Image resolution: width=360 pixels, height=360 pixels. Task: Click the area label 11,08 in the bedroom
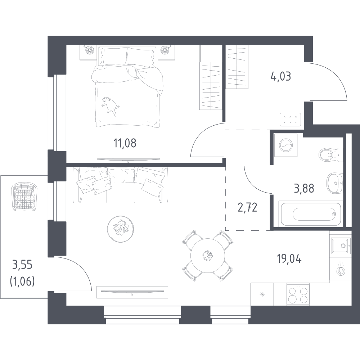click(x=125, y=143)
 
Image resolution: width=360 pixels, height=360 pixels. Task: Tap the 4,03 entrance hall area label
click(x=281, y=76)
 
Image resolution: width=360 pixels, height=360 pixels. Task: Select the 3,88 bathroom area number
click(x=304, y=189)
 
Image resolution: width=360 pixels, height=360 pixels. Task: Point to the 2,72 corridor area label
click(x=248, y=207)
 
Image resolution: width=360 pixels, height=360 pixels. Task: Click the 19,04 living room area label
click(x=289, y=259)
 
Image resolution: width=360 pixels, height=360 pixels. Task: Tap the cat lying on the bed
click(x=111, y=105)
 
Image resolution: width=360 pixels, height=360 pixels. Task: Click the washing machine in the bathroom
click(x=286, y=145)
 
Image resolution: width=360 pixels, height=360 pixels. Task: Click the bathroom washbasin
click(x=335, y=183)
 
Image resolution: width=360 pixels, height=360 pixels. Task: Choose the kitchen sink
click(x=341, y=246)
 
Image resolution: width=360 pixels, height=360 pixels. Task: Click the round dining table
click(x=208, y=255)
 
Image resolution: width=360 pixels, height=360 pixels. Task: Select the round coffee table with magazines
click(x=120, y=229)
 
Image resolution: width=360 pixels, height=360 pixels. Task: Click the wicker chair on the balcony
click(x=24, y=197)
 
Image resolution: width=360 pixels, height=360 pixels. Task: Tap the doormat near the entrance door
click(x=290, y=120)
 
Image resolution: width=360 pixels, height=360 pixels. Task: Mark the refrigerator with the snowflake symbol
click(x=262, y=294)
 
